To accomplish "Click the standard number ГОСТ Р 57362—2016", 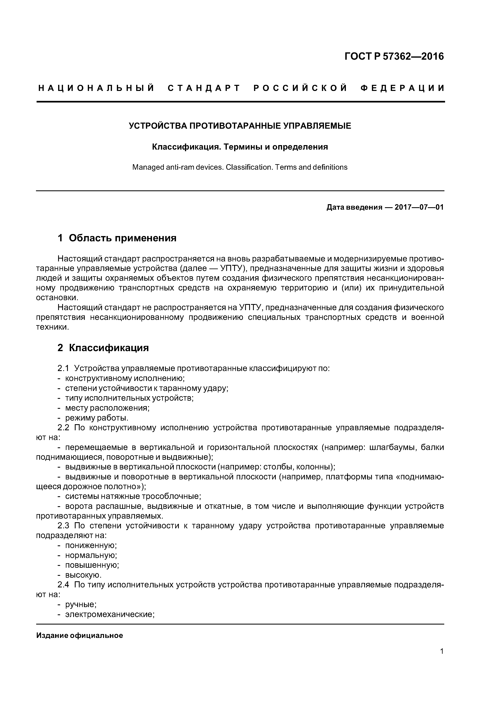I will [x=394, y=56].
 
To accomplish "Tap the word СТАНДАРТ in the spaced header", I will [x=204, y=88].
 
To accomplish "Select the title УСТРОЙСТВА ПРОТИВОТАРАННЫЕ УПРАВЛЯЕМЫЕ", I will [x=240, y=126].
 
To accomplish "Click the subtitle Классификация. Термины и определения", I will [x=240, y=147].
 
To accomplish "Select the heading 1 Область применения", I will [x=117, y=238].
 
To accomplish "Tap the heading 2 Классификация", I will [x=103, y=348].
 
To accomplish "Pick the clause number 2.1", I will [x=63, y=369].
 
